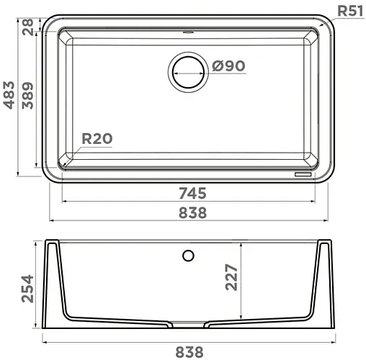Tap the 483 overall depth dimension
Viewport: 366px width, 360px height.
pos(9,96)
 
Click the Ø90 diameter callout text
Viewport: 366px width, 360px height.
pos(229,66)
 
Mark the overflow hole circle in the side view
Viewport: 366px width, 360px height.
pos(189,256)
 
